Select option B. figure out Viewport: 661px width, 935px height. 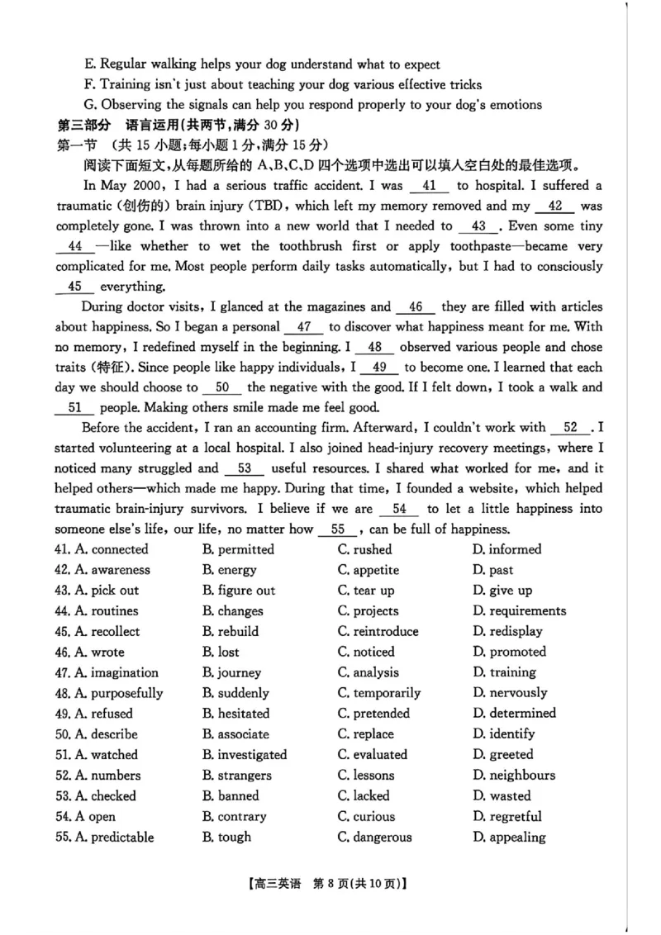[x=239, y=591]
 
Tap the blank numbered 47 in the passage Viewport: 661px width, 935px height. [x=303, y=327]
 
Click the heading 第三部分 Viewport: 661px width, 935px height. [x=83, y=126]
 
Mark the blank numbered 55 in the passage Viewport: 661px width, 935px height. [x=337, y=530]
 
